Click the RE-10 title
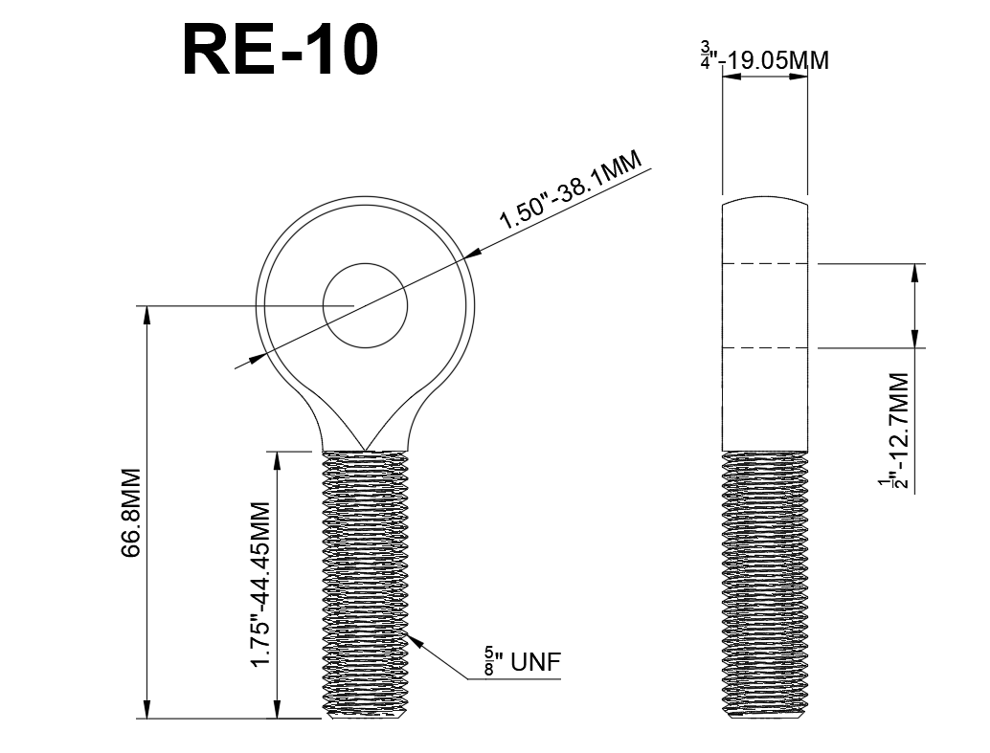(280, 50)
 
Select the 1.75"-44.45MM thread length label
(263, 585)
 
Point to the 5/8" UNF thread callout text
(522, 662)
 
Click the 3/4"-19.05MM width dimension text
(765, 60)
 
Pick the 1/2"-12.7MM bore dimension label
(897, 431)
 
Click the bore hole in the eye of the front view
(365, 305)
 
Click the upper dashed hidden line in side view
(765, 262)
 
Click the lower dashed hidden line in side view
(765, 348)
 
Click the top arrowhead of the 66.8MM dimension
(146, 313)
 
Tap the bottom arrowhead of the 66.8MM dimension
(146, 711)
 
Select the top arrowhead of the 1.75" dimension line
(277, 457)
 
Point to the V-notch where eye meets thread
(365, 447)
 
